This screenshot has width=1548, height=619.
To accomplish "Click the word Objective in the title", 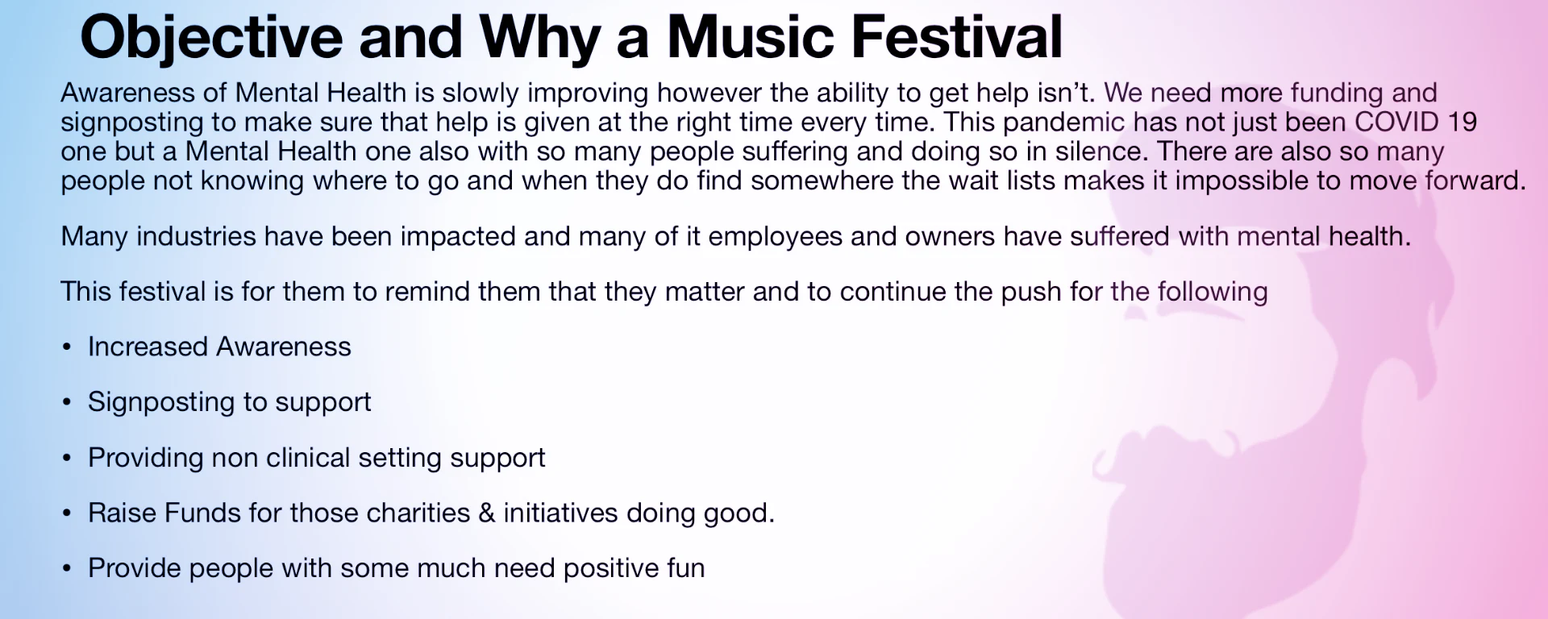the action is [x=211, y=38].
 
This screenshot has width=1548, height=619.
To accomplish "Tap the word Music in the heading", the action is [x=751, y=37].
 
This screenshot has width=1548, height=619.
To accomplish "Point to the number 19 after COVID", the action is [x=1462, y=122].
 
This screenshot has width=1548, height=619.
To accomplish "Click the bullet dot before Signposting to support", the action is [x=67, y=402].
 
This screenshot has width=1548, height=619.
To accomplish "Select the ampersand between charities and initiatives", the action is [x=486, y=513].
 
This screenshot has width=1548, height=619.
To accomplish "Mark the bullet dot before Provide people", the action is [x=67, y=568].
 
